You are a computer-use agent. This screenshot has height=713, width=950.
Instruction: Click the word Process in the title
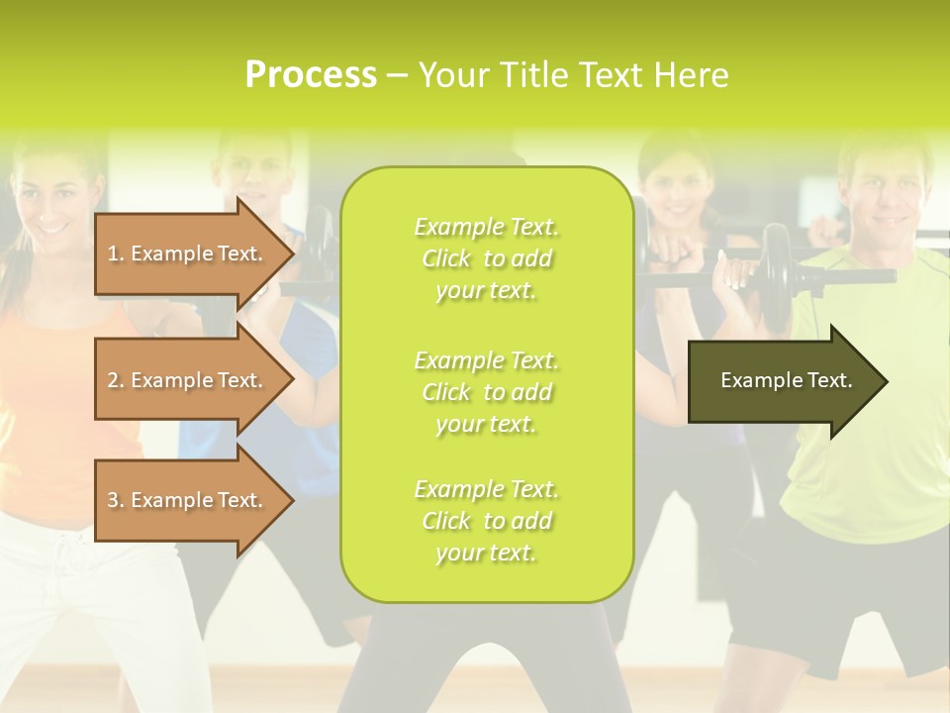(311, 75)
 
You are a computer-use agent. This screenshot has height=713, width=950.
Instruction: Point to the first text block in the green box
(486, 258)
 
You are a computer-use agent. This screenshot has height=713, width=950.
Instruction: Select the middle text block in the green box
(486, 392)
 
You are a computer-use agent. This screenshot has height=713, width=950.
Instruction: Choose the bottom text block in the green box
(486, 521)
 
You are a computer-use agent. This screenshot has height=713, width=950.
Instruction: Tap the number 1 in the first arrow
(113, 254)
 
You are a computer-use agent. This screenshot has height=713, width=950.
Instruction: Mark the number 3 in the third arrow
(113, 500)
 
